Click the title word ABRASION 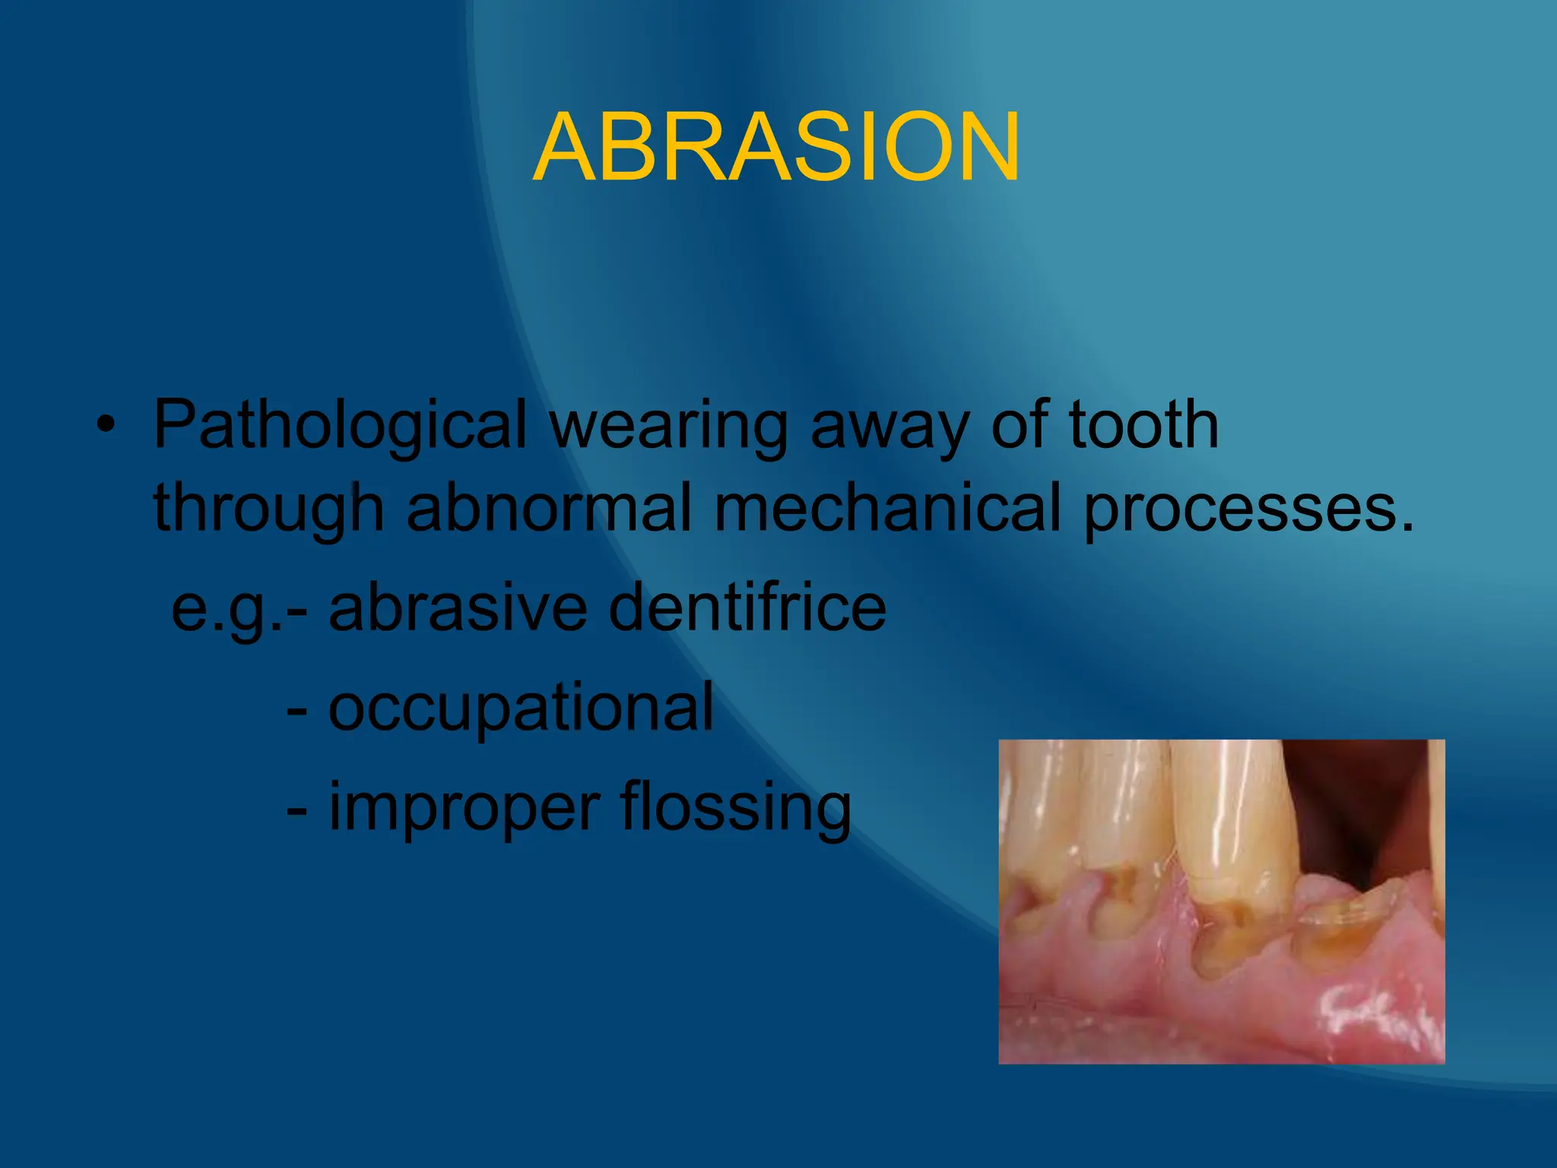(x=777, y=148)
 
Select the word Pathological (x=340, y=426)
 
